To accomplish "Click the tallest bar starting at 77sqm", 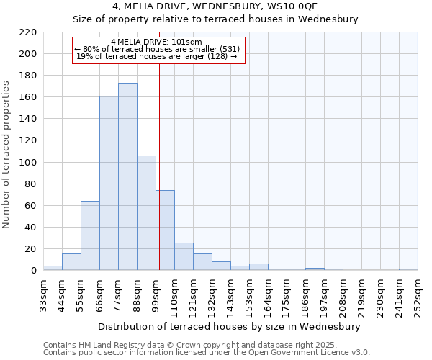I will [127, 176].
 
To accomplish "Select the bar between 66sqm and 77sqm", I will [109, 183].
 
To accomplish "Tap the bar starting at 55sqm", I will [90, 235].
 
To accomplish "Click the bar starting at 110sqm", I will [184, 256].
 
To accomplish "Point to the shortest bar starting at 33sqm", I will [53, 268].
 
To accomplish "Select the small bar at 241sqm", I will [408, 269].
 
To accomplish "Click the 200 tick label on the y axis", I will [27, 54].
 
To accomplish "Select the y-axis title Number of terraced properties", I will [6, 155].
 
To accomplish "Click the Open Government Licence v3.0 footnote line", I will [207, 353].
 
